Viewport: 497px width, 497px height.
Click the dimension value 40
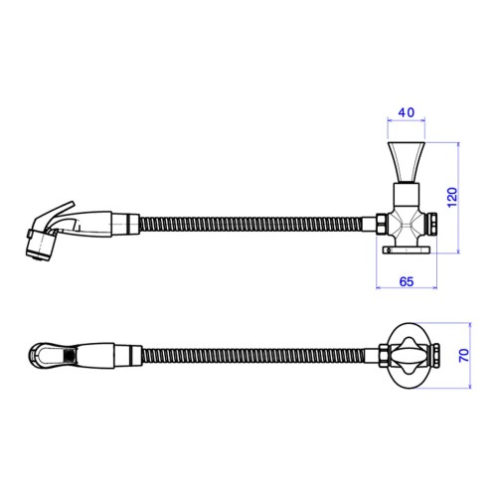point(407,112)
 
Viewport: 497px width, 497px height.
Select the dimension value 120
point(452,198)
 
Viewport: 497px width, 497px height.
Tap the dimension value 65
point(407,281)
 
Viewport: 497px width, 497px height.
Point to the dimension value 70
point(464,355)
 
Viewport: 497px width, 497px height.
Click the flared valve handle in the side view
point(407,162)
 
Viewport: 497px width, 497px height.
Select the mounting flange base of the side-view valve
point(407,249)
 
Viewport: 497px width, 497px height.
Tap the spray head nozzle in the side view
point(41,245)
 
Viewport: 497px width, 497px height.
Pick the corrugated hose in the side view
point(250,225)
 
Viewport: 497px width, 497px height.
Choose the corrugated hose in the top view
point(253,356)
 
